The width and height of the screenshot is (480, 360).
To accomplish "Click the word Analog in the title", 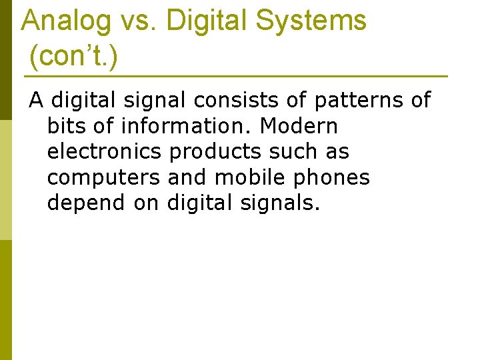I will click(66, 21).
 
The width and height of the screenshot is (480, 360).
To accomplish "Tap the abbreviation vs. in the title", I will click(139, 21).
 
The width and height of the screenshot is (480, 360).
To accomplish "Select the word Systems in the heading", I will click(311, 21).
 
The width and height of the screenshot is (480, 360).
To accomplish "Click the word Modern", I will click(299, 126).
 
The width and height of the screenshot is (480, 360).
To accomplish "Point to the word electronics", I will click(104, 152).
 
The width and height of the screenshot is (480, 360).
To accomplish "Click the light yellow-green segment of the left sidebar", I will click(6, 180).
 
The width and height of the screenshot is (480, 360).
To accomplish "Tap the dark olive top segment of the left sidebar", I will click(6, 60).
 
